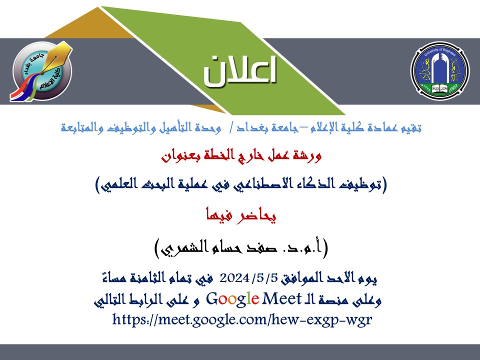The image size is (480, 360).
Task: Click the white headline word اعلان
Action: point(240,71)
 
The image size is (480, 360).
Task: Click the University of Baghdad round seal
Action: point(439,70)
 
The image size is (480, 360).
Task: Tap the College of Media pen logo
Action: point(41,71)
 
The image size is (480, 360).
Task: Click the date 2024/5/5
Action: point(248,278)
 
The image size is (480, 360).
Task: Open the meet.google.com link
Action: point(242,319)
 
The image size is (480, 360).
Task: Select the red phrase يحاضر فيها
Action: point(241,215)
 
